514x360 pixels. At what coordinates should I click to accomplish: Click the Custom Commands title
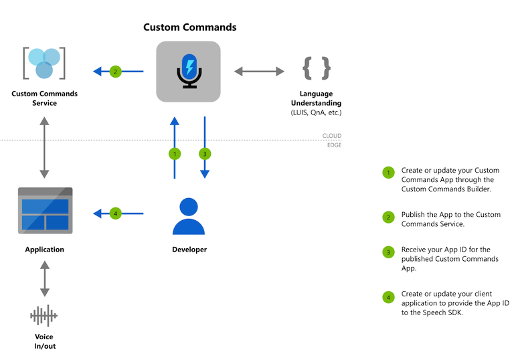click(x=189, y=27)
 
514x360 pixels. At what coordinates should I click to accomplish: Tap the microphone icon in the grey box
click(x=189, y=71)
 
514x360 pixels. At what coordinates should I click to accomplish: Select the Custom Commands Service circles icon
click(x=44, y=64)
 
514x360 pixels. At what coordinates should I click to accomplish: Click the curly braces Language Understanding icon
click(x=317, y=69)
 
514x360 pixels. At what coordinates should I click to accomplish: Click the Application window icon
click(x=44, y=210)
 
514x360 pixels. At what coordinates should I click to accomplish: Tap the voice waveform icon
click(x=44, y=315)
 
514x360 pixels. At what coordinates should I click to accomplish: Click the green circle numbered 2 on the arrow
click(x=115, y=71)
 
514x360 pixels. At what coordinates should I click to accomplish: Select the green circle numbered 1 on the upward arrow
click(x=175, y=154)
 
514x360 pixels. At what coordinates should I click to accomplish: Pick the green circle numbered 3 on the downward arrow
click(x=204, y=154)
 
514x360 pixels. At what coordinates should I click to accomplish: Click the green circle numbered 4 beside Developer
click(x=115, y=214)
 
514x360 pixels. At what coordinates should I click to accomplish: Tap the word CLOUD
click(x=332, y=136)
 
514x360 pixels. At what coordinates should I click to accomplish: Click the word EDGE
click(x=333, y=145)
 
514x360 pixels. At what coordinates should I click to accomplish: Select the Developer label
click(x=189, y=250)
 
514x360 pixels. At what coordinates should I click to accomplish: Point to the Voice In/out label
click(x=44, y=341)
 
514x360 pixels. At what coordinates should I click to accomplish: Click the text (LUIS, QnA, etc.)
click(x=317, y=112)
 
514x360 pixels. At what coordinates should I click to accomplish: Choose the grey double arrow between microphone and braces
click(x=260, y=71)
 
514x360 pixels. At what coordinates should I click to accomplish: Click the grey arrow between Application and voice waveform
click(x=44, y=279)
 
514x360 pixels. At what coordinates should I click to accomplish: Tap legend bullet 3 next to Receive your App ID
click(x=388, y=253)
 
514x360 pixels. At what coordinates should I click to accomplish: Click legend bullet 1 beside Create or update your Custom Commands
click(x=388, y=173)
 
